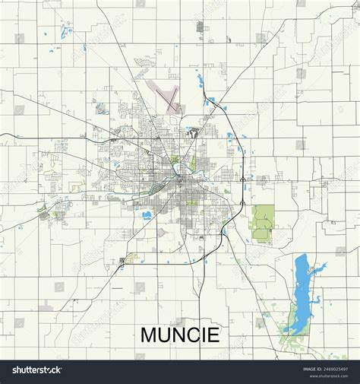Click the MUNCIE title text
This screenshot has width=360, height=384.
pos(180,335)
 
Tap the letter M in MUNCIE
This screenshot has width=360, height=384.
pos(149,335)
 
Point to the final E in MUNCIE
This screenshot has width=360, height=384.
pos(213,335)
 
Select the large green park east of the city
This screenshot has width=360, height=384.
pos(263,221)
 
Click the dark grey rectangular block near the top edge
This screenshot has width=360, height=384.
pos(200,27)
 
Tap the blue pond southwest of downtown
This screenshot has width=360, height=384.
pos(145,214)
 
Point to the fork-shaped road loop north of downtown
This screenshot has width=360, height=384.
pos(195,135)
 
